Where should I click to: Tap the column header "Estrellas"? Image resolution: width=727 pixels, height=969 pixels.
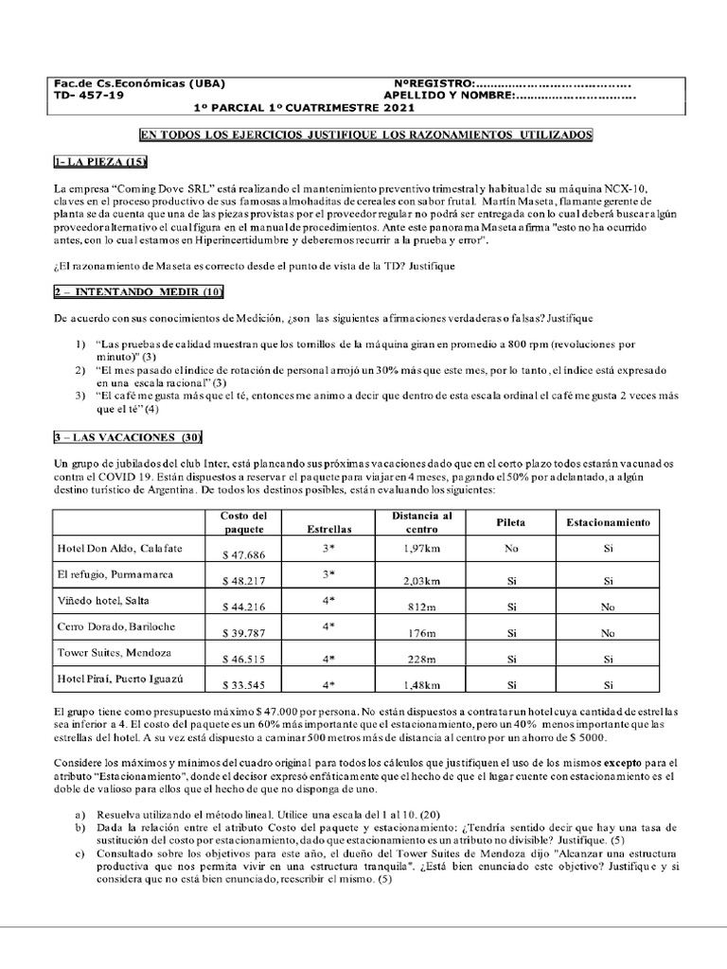330,529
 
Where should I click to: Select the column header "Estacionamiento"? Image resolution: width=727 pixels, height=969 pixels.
608,522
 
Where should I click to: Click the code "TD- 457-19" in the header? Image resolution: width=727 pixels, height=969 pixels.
89,96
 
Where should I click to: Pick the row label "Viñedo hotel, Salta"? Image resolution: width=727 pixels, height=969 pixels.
103,600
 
